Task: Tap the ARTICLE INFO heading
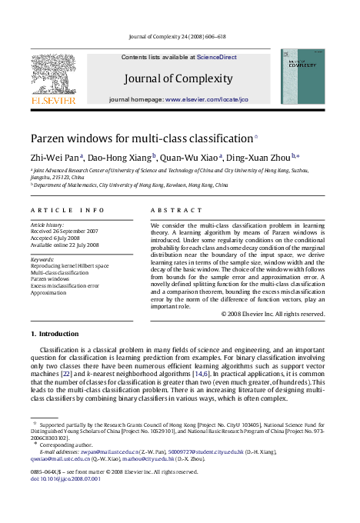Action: tap(68, 210)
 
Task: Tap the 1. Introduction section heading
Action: tap(54, 334)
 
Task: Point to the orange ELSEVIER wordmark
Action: tap(53, 100)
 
